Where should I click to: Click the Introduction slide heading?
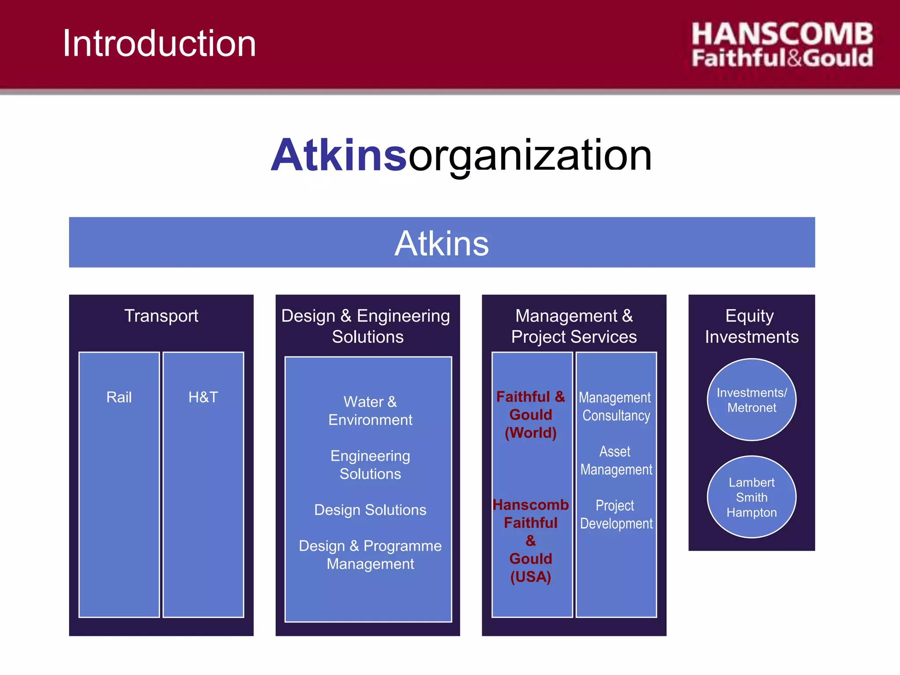tap(159, 44)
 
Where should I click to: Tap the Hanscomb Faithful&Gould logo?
tap(782, 46)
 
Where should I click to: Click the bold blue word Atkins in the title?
tap(339, 155)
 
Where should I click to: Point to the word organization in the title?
tap(530, 155)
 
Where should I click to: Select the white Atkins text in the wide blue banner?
tap(442, 243)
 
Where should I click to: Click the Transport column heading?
tap(161, 316)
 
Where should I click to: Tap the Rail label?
tap(119, 397)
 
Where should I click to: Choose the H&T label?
tap(203, 397)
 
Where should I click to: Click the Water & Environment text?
tap(370, 411)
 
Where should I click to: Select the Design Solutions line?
tap(370, 510)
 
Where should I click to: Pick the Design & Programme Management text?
tap(370, 555)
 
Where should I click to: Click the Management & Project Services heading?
tap(574, 326)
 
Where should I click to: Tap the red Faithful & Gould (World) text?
tap(531, 415)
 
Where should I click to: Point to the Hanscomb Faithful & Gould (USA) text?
tap(531, 541)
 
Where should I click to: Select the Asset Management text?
tap(616, 461)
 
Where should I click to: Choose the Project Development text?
tap(616, 515)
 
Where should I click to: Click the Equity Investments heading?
tap(751, 326)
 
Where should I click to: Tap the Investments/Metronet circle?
tap(751, 400)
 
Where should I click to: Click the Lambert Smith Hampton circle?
tap(751, 497)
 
